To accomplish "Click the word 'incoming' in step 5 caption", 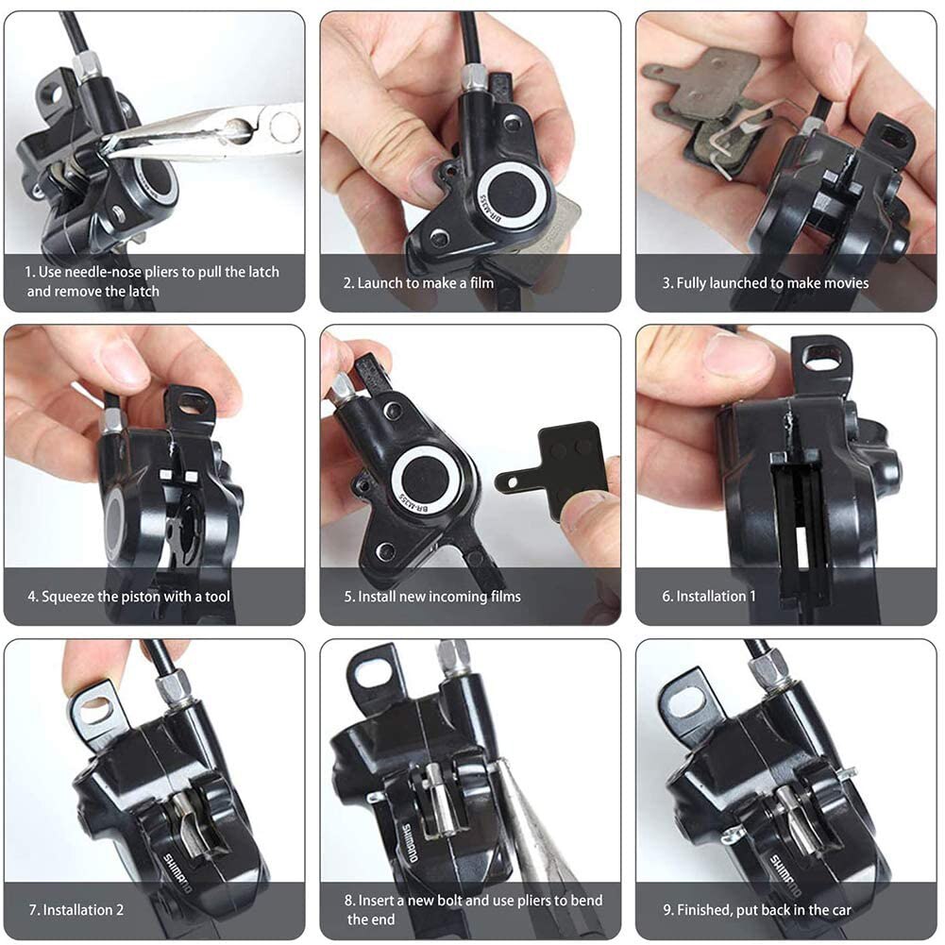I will click(x=457, y=597).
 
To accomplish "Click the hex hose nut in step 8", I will click(x=452, y=657).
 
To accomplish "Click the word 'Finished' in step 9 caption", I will click(x=702, y=910).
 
